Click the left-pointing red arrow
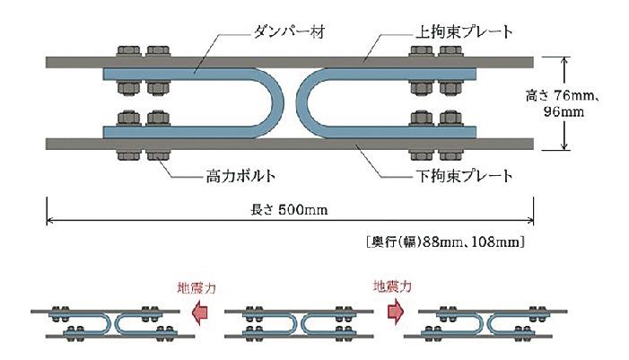(x=203, y=310)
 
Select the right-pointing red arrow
(x=391, y=310)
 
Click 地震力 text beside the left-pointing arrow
(x=197, y=288)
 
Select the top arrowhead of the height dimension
(x=564, y=61)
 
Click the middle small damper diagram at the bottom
(x=295, y=322)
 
